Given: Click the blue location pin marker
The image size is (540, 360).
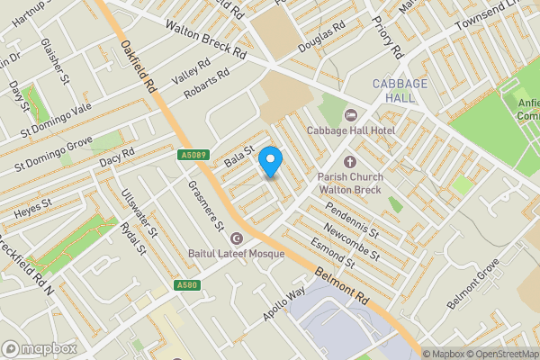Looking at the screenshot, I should tap(271, 162).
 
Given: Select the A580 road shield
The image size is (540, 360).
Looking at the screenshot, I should tap(186, 286).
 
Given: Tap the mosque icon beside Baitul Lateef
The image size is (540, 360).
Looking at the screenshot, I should tap(237, 238).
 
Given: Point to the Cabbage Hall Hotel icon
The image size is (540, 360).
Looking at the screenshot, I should tap(351, 113).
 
